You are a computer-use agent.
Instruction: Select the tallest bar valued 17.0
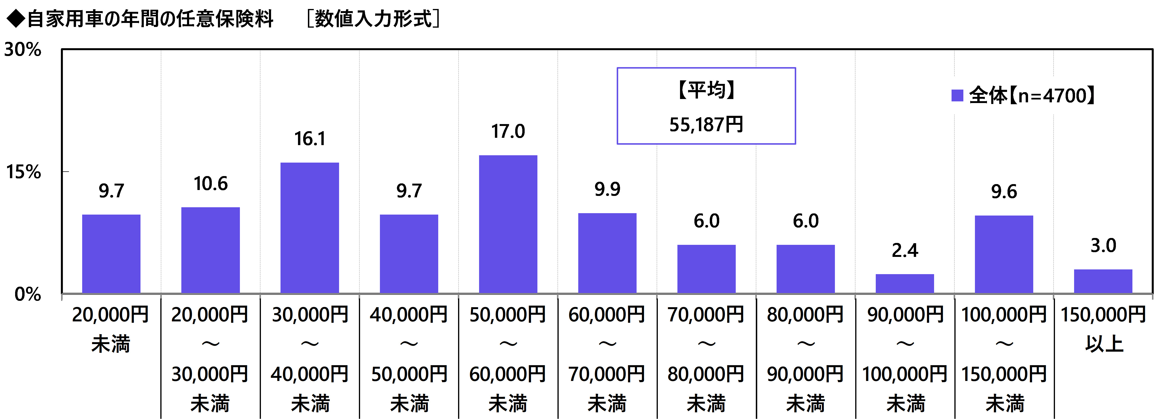(x=508, y=224)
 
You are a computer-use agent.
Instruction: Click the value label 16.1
(x=310, y=138)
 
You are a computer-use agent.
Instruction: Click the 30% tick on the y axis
(x=23, y=50)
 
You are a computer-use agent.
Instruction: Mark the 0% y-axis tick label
(x=27, y=294)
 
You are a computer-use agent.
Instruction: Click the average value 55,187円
(x=706, y=125)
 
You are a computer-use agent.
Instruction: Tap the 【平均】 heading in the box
(x=706, y=90)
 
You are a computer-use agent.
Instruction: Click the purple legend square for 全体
(x=957, y=95)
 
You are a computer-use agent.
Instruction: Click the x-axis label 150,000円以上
(x=1103, y=329)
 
